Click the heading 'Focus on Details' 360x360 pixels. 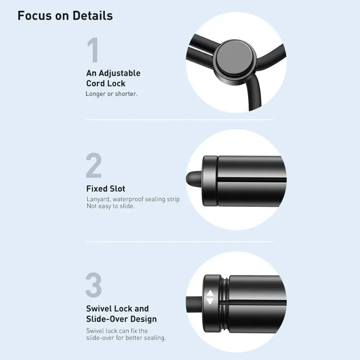click(x=65, y=16)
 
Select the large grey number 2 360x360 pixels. click(x=94, y=165)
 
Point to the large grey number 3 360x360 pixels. click(x=94, y=285)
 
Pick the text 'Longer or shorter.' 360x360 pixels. click(x=112, y=94)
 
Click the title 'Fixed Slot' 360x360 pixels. click(x=106, y=189)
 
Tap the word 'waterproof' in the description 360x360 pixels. click(x=128, y=199)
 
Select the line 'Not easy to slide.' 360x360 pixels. click(x=111, y=206)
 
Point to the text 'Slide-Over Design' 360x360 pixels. click(x=121, y=319)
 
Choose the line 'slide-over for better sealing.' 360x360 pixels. click(x=126, y=338)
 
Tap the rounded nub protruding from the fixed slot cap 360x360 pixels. click(x=194, y=178)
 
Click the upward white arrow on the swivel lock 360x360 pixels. click(x=210, y=294)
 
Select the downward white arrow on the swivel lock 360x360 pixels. click(x=210, y=301)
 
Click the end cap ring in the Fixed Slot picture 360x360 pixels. click(x=210, y=181)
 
